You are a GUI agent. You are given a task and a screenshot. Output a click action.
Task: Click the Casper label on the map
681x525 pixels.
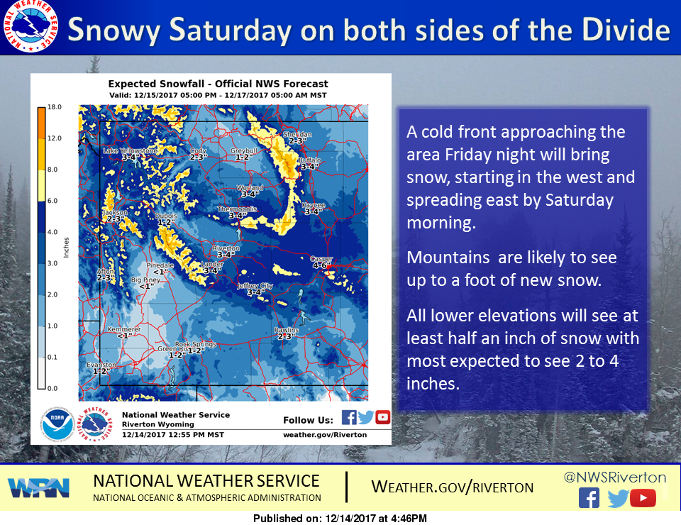(x=321, y=260)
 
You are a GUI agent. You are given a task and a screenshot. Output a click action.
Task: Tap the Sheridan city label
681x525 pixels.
(x=297, y=134)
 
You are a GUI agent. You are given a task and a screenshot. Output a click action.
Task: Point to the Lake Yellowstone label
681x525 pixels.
(x=130, y=151)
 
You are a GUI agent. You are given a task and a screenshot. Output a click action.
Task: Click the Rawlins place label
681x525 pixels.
(x=287, y=331)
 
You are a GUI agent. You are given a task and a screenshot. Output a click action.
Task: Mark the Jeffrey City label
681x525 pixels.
(x=255, y=285)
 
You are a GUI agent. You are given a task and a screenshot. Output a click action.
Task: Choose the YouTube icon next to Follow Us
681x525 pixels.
(x=383, y=418)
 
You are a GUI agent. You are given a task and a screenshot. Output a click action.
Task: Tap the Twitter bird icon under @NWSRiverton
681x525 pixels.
(x=617, y=499)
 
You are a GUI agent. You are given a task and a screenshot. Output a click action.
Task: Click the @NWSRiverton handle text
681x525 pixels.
(x=615, y=477)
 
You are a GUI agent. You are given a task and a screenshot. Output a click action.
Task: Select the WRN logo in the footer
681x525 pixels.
(x=39, y=487)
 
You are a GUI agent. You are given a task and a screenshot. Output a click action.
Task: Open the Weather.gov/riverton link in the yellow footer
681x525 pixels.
(x=453, y=487)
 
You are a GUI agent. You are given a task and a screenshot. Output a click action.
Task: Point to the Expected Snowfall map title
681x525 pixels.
(x=218, y=84)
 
